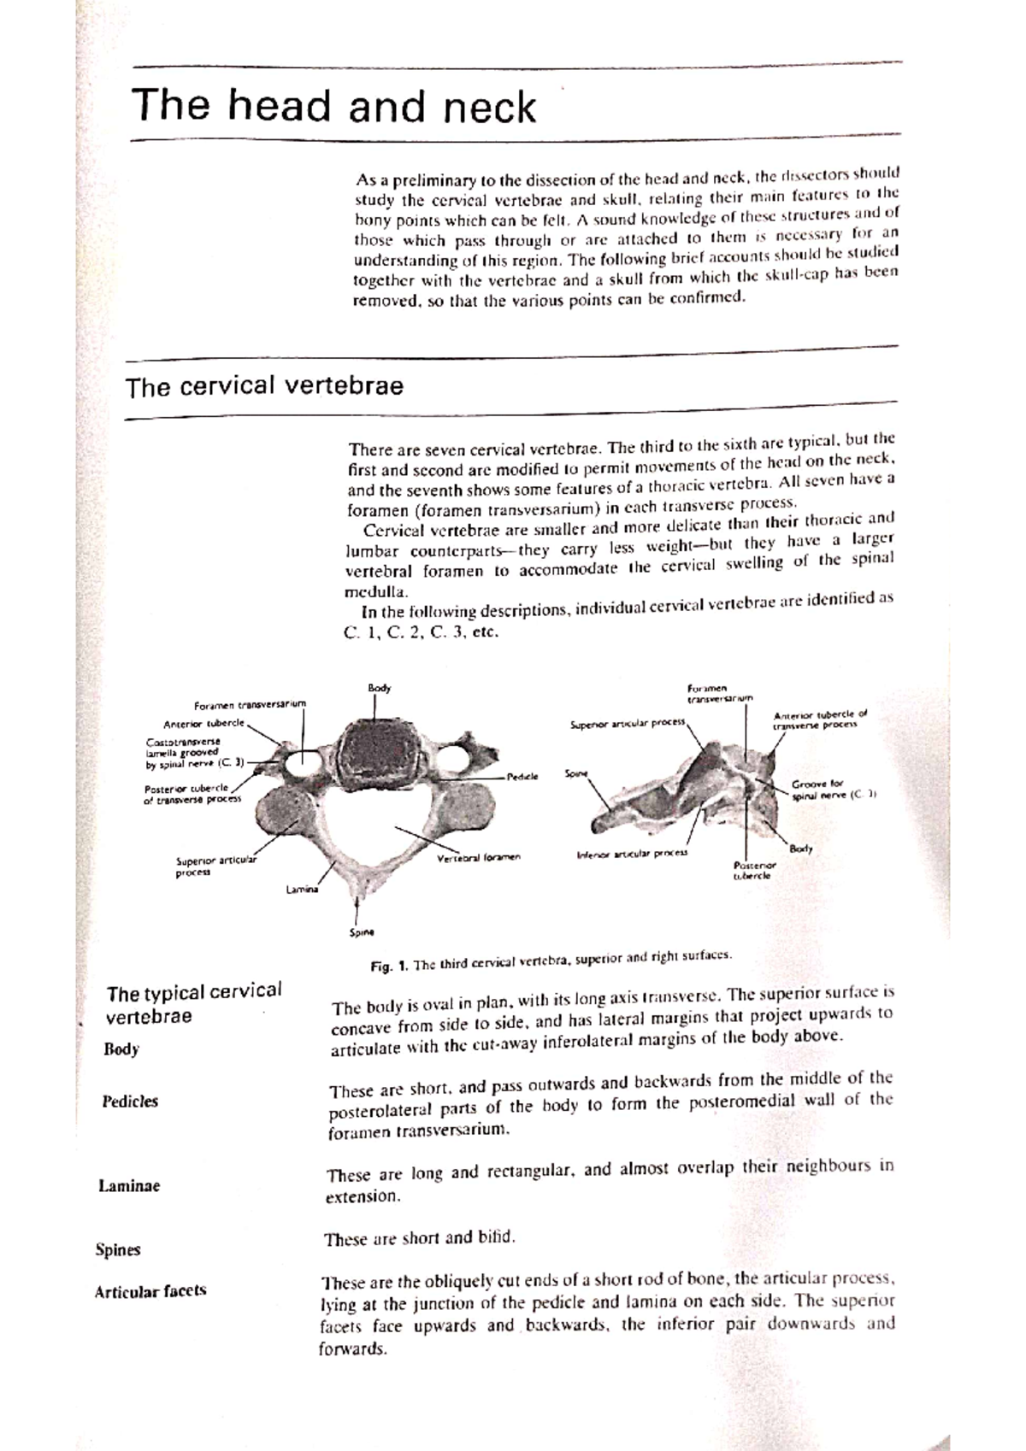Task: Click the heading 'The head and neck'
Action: point(333,107)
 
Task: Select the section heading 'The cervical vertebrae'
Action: point(264,387)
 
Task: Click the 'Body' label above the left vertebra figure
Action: point(379,687)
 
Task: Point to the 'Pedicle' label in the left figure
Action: point(522,777)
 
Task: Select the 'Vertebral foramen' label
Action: point(478,856)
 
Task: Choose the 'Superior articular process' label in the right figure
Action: point(628,724)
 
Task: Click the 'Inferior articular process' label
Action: point(632,853)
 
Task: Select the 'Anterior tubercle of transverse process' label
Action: point(819,720)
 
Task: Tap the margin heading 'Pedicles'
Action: point(130,1101)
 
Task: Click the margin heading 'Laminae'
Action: point(129,1186)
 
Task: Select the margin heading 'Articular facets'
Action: point(150,1291)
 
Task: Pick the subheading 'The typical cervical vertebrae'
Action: point(193,1004)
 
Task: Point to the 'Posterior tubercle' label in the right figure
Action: point(752,870)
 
